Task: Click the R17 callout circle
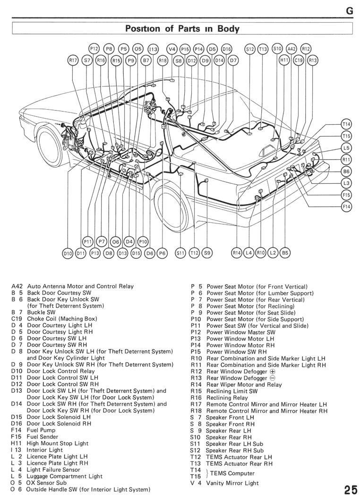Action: pyautogui.click(x=73, y=60)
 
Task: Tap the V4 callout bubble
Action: pyautogui.click(x=171, y=49)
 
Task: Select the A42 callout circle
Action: pyautogui.click(x=291, y=49)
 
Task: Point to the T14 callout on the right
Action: pyautogui.click(x=347, y=124)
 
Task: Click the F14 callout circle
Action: pyautogui.click(x=347, y=206)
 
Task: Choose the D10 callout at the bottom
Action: pyautogui.click(x=68, y=253)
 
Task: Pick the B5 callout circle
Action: pyautogui.click(x=285, y=253)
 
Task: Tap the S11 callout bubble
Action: pyautogui.click(x=180, y=253)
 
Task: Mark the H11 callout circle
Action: pyautogui.click(x=284, y=60)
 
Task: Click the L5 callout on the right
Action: pyautogui.click(x=347, y=148)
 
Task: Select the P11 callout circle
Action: pyautogui.click(x=87, y=242)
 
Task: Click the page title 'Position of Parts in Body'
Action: pyautogui.click(x=182, y=28)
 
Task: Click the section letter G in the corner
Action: pyautogui.click(x=350, y=11)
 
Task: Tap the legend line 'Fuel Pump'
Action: pyautogui.click(x=41, y=430)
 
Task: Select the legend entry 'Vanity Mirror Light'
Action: pyautogui.click(x=232, y=483)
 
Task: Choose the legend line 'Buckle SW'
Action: pyautogui.click(x=41, y=313)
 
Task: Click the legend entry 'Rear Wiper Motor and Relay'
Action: pyautogui.click(x=244, y=385)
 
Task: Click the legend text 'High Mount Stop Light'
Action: pyautogui.click(x=57, y=443)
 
